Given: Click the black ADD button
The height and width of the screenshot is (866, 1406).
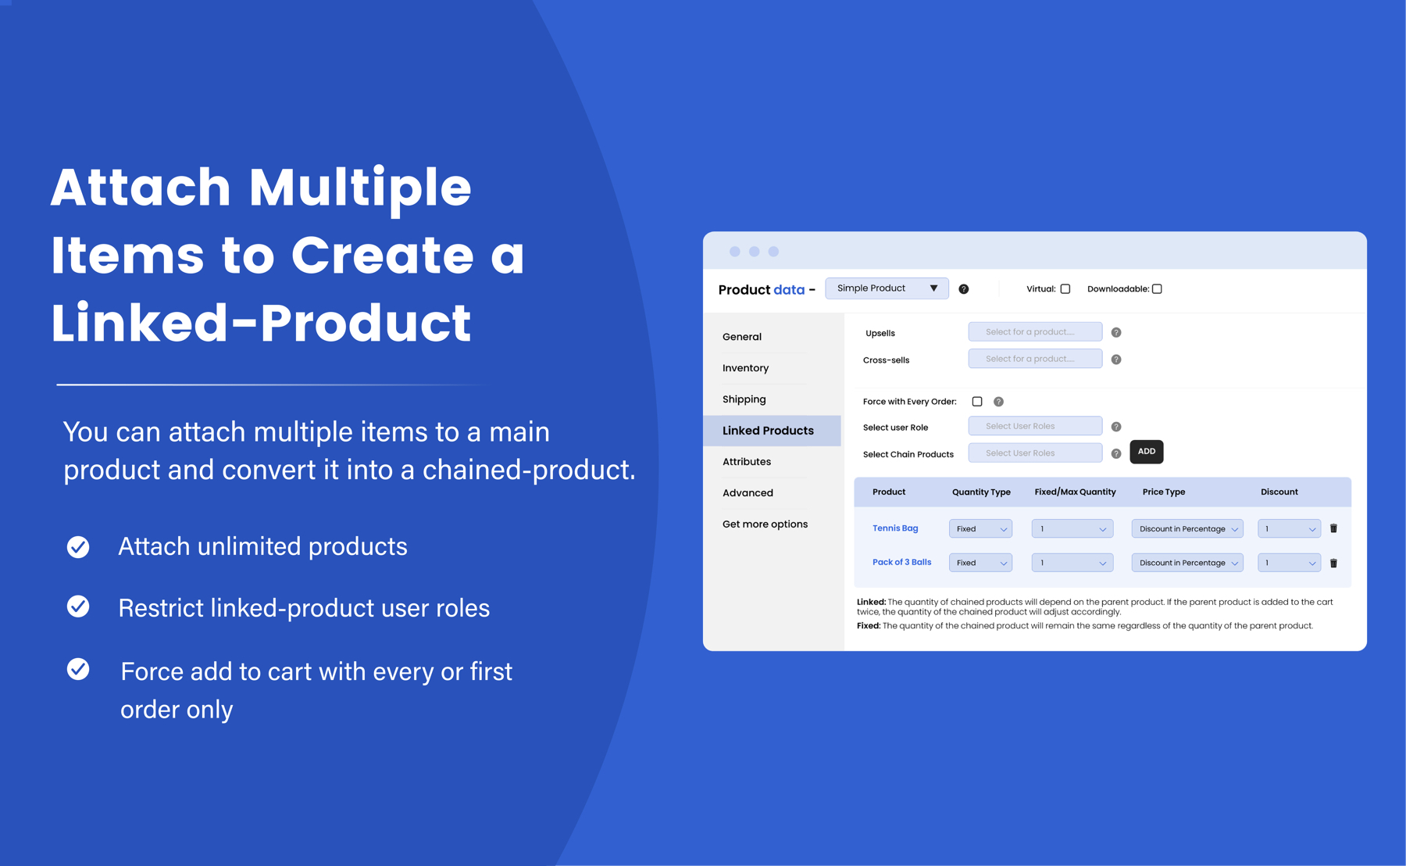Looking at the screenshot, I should [x=1146, y=452].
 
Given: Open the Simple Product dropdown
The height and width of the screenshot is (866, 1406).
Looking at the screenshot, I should [x=887, y=288].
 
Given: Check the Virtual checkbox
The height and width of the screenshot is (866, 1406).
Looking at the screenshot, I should [x=1065, y=289].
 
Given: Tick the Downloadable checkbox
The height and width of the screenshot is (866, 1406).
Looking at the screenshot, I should [x=1157, y=289].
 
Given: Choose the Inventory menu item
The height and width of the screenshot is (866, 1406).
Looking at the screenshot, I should [x=745, y=368].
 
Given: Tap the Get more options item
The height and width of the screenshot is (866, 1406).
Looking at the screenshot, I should [x=765, y=524].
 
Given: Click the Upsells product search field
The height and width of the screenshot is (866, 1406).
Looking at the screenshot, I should [x=1035, y=332].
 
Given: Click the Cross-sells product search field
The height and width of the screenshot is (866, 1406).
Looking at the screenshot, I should [x=1035, y=359].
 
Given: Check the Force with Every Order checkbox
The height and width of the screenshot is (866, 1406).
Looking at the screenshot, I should [x=977, y=402].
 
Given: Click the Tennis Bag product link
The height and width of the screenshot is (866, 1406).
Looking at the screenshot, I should [x=895, y=528].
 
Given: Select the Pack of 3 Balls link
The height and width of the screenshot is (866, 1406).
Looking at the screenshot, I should [x=901, y=562].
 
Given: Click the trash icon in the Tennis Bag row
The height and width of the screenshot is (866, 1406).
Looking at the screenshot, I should [x=1333, y=528].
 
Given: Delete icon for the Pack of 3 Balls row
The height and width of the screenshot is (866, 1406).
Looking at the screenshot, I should [x=1333, y=563].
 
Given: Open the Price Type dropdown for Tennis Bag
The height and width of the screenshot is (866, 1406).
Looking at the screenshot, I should [x=1187, y=529].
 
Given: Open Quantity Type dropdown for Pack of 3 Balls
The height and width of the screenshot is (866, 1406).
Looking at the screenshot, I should [x=980, y=563].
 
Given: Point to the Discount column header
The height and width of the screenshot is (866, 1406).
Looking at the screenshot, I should [x=1279, y=492].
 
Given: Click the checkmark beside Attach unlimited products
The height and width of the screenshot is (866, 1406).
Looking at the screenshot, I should [x=78, y=546].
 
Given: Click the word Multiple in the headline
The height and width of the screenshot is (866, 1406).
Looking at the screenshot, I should [x=360, y=188].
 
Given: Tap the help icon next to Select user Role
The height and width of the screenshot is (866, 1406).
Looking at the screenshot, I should [x=1116, y=427].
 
